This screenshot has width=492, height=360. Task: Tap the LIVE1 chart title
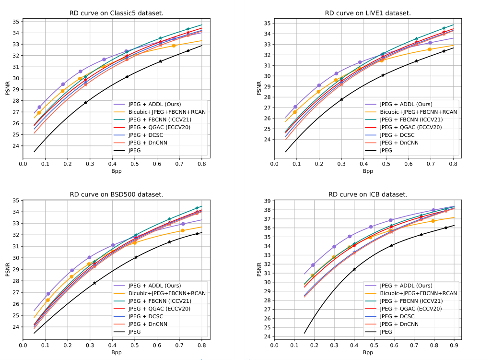point(368,13)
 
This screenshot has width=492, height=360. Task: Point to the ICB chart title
point(368,194)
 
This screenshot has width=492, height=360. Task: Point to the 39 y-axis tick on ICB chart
point(267,201)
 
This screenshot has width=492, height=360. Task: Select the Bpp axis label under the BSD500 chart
point(117,352)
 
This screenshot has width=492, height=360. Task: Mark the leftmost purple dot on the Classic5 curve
point(39,107)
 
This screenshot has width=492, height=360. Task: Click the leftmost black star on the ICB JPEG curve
point(354,269)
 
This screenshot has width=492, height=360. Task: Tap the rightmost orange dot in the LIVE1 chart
point(430,49)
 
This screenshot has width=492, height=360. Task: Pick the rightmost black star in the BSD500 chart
point(197,234)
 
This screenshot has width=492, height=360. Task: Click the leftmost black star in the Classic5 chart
point(86,103)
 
